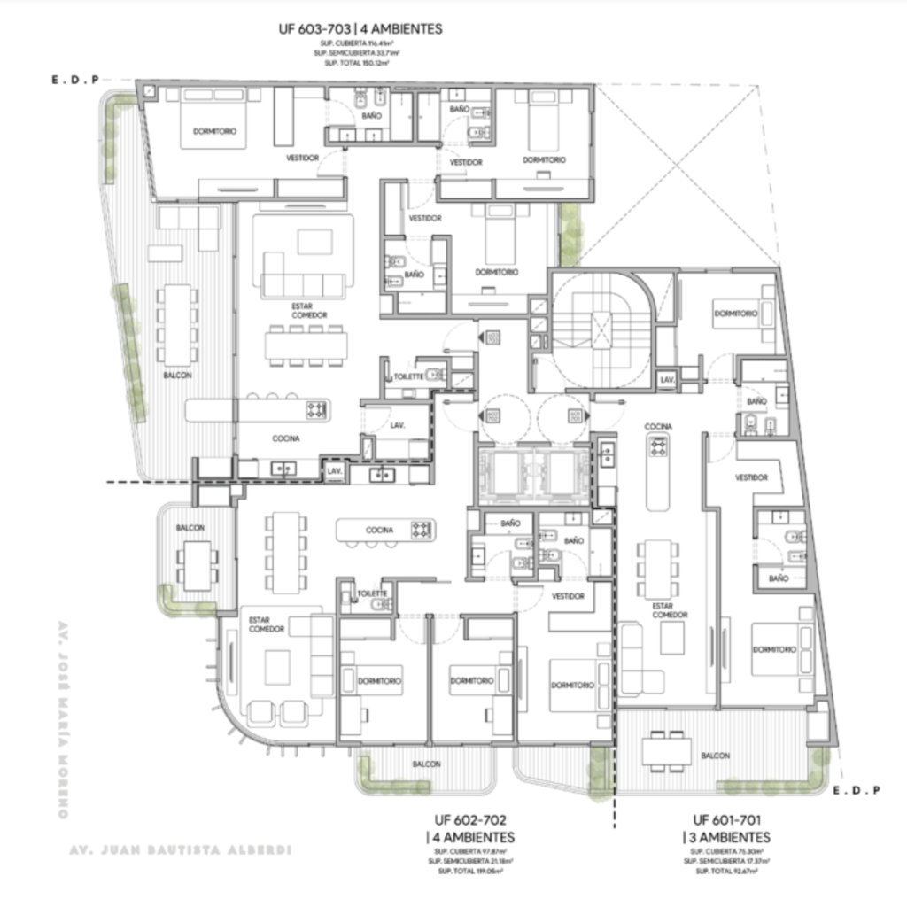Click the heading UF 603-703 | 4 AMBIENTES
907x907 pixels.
pyautogui.click(x=360, y=29)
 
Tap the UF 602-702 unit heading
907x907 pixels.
pyautogui.click(x=470, y=820)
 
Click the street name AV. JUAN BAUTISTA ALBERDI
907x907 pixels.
pyautogui.click(x=180, y=851)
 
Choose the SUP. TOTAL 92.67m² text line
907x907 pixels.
pyautogui.click(x=726, y=872)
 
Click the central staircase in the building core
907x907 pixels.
pyautogui.click(x=601, y=332)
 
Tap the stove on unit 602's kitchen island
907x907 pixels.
pyautogui.click(x=421, y=530)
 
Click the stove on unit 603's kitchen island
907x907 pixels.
pyautogui.click(x=316, y=410)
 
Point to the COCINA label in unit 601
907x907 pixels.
pyautogui.click(x=657, y=426)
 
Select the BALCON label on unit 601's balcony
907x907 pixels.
pyautogui.click(x=715, y=756)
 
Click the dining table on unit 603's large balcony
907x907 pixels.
pyautogui.click(x=178, y=324)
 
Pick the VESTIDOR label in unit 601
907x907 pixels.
pyautogui.click(x=751, y=477)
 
